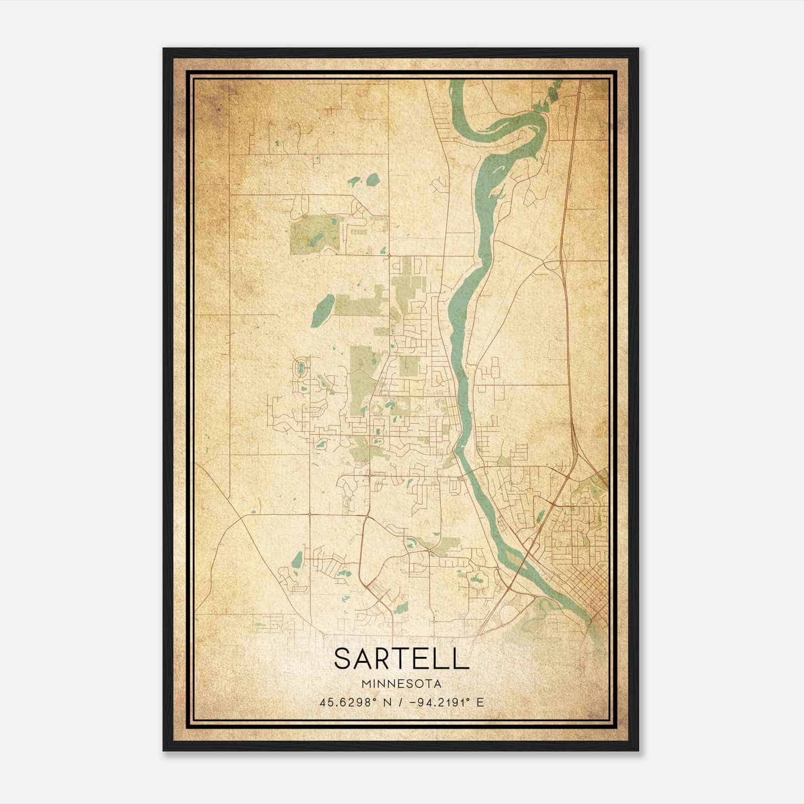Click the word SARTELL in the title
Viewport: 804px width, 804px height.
coord(401,659)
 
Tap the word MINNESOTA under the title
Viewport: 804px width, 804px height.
coord(401,684)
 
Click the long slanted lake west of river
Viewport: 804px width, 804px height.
coord(323,311)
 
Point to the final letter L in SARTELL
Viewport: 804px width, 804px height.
coord(461,659)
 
